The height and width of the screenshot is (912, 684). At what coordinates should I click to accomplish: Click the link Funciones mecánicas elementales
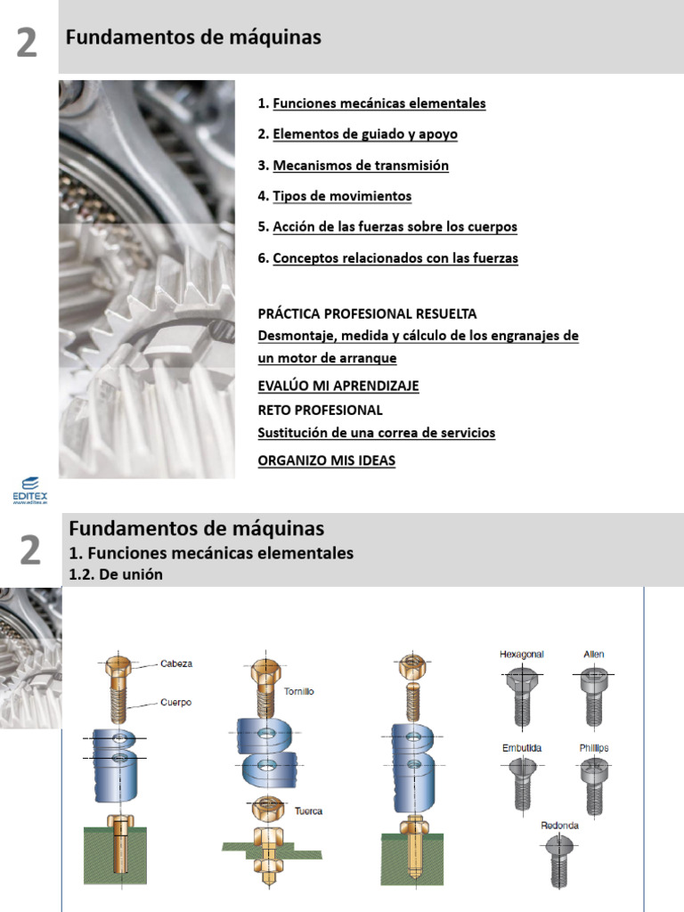click(x=379, y=103)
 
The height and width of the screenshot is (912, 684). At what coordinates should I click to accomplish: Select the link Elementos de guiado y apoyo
click(x=365, y=134)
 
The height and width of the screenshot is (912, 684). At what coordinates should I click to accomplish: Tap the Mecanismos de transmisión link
click(x=361, y=166)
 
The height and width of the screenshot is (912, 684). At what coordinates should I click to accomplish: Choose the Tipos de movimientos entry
click(x=342, y=196)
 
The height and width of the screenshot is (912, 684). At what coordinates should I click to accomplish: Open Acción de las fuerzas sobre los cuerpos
click(x=395, y=227)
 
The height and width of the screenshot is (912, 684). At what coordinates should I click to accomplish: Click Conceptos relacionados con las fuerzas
click(x=395, y=258)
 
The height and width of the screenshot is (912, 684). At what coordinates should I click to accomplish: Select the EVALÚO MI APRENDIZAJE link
click(x=338, y=386)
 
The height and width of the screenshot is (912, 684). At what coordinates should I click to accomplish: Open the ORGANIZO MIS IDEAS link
click(x=326, y=460)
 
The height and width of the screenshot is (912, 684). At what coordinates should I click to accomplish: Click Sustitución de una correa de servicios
click(x=376, y=433)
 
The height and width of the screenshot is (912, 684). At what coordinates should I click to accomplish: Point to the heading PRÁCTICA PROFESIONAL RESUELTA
click(x=367, y=313)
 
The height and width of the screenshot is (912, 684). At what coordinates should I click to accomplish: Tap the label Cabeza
click(x=176, y=664)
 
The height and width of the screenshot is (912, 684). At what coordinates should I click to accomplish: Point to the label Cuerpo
click(x=176, y=702)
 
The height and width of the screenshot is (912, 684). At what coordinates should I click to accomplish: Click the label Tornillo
click(x=298, y=690)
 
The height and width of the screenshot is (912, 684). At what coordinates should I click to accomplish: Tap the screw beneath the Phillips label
click(x=592, y=781)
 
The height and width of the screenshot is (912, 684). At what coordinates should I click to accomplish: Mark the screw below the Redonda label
click(x=559, y=861)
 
